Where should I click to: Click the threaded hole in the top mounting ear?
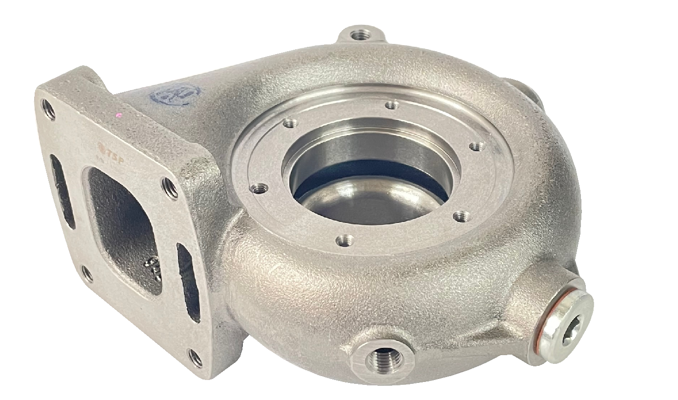[x=361, y=35]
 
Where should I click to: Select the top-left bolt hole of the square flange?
[x=48, y=109]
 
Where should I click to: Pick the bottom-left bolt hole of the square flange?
[x=87, y=274]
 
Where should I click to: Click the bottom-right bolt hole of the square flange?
[x=195, y=358]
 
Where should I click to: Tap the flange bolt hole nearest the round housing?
[x=170, y=188]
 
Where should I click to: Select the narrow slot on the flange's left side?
[x=62, y=191]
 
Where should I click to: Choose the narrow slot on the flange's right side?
[x=188, y=281]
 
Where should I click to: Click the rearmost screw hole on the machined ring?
[x=392, y=105]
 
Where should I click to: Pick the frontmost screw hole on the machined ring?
[x=345, y=240]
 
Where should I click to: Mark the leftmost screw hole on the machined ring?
[x=259, y=188]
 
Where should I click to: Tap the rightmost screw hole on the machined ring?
[x=477, y=146]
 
